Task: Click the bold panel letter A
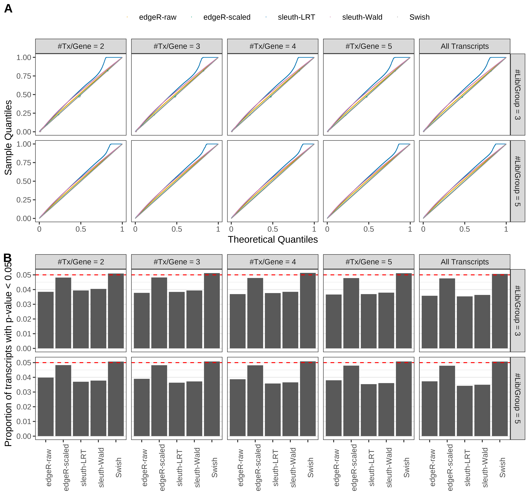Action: tap(8, 9)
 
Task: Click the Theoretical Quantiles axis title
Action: tap(272, 240)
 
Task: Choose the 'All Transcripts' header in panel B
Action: tap(464, 262)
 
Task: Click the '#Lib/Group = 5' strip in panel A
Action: tap(517, 181)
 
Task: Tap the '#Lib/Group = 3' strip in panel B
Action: tap(517, 310)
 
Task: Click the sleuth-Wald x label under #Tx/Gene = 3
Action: tap(197, 467)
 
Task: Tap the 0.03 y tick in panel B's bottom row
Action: tap(24, 392)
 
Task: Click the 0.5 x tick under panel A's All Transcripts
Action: tap(464, 229)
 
